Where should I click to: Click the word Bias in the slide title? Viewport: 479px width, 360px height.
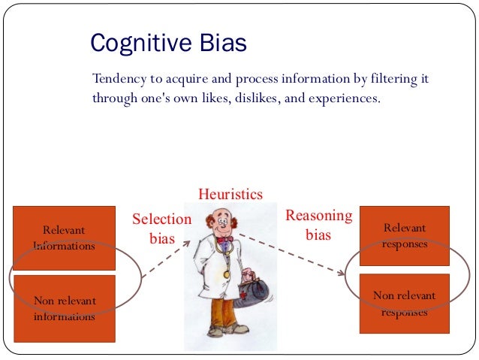(219, 43)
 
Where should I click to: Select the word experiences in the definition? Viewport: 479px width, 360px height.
(345, 98)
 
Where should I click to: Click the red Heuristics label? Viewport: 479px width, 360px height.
(230, 195)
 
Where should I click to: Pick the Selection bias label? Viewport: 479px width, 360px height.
(161, 228)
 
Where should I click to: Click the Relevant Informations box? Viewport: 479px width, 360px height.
(64, 237)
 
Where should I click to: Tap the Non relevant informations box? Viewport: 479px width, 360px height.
(64, 308)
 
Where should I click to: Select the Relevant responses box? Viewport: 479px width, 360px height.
(405, 235)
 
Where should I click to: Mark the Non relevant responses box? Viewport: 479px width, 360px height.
(405, 302)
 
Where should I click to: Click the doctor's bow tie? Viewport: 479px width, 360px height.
(224, 240)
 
